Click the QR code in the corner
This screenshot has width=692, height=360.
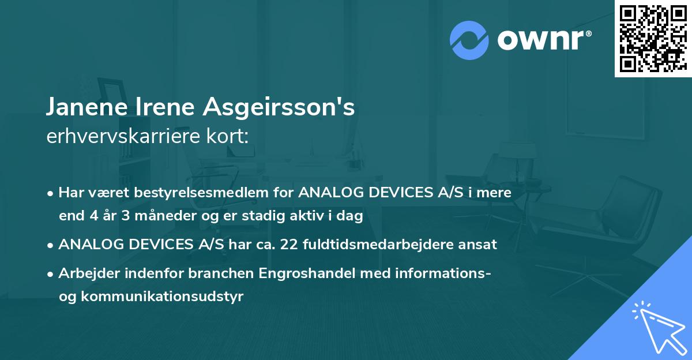[x=653, y=38]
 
